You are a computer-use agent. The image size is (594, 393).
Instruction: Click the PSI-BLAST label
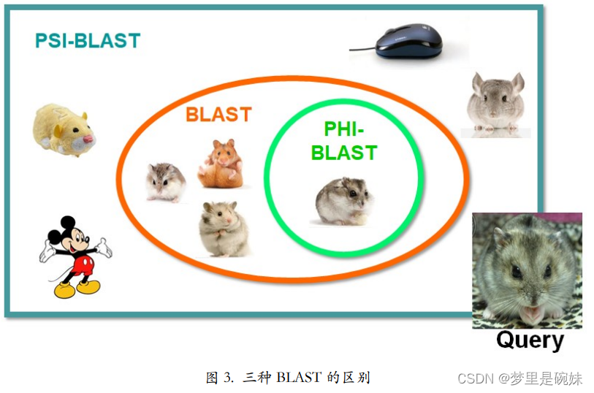[87, 40]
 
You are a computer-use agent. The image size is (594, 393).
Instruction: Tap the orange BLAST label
[218, 115]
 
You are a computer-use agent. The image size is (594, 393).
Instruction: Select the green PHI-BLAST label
[344, 142]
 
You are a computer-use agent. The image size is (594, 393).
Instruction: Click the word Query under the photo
[530, 340]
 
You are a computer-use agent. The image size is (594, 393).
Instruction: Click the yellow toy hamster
[63, 129]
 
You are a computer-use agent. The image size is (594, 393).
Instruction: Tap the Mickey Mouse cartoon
[74, 256]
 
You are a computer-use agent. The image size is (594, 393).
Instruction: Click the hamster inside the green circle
[345, 201]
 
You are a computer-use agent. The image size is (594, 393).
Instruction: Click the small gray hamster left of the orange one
[165, 181]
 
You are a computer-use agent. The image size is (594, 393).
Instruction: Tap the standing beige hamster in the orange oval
[224, 229]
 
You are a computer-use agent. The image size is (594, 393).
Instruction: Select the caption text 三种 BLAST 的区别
[306, 378]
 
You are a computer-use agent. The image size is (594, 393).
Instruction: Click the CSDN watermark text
[519, 378]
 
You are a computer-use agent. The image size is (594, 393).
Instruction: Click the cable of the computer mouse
[362, 49]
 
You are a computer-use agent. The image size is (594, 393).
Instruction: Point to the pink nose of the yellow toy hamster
[89, 137]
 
